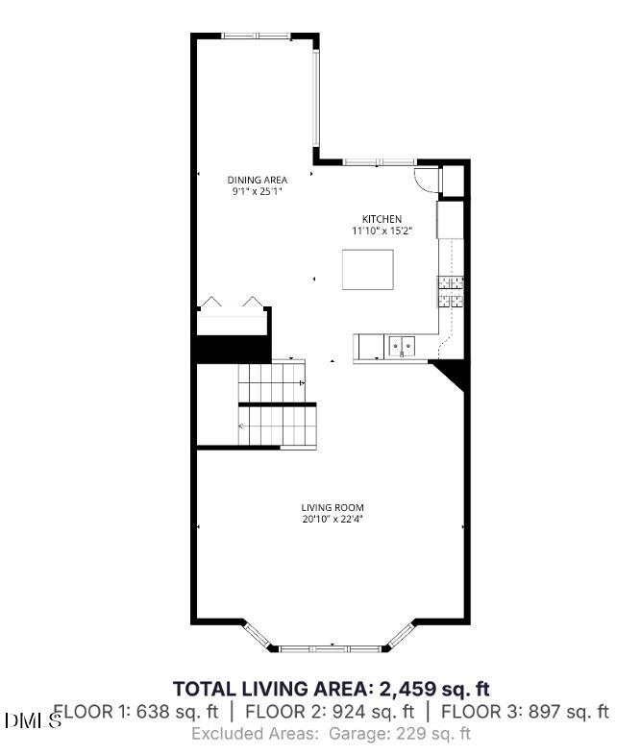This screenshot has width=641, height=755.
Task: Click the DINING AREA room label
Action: tap(257, 180)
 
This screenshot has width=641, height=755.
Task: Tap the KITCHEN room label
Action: tap(382, 219)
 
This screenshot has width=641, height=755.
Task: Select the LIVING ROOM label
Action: tap(333, 508)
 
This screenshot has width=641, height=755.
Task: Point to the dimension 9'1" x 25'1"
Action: tap(257, 192)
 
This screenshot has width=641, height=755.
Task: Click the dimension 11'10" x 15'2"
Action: tap(382, 231)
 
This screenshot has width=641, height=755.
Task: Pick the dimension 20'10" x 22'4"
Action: tap(333, 520)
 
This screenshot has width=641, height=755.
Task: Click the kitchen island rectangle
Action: tap(368, 269)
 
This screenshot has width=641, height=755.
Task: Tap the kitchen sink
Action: tap(402, 343)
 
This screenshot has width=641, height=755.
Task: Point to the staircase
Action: tap(277, 403)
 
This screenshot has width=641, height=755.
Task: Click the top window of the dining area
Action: tap(256, 37)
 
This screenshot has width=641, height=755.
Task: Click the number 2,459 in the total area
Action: tap(407, 689)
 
